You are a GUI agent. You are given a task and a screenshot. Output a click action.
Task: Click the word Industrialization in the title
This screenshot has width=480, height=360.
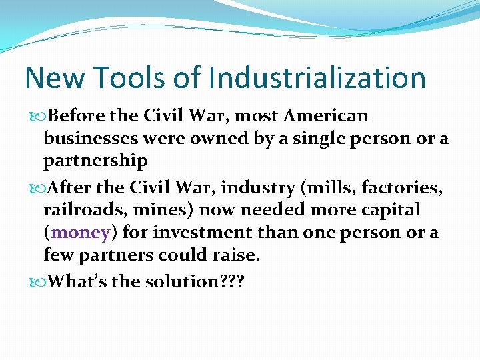(317, 78)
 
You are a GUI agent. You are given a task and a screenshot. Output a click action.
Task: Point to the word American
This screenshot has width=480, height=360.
(325, 116)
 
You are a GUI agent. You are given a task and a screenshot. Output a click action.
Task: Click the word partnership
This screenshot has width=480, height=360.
(95, 161)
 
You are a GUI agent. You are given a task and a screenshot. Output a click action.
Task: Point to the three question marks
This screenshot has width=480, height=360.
(233, 281)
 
